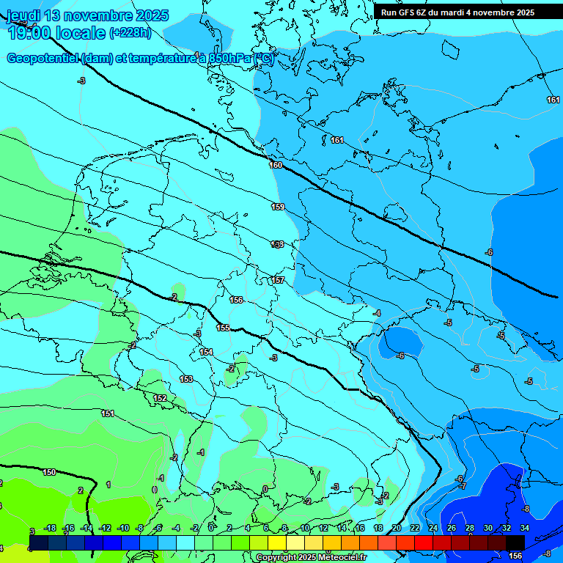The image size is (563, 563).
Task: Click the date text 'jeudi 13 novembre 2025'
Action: click(x=88, y=15)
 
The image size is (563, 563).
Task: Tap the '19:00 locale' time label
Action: click(x=56, y=33)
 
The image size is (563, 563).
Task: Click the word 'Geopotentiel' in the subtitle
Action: click(x=43, y=59)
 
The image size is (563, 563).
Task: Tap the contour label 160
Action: click(x=276, y=165)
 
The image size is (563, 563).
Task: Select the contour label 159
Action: click(x=278, y=207)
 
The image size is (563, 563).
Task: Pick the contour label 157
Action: click(x=278, y=280)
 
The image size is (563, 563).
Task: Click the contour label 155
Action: click(x=223, y=328)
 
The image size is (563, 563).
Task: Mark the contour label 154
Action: click(x=207, y=353)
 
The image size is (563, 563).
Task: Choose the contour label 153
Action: click(x=186, y=379)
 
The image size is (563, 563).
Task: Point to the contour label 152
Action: click(x=160, y=398)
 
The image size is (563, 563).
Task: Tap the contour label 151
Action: click(x=108, y=414)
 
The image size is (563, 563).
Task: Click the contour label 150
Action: click(x=49, y=472)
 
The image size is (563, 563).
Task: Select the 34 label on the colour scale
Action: click(x=525, y=528)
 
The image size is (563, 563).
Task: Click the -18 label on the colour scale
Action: click(x=51, y=528)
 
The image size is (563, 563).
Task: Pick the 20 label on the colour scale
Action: click(x=396, y=528)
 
